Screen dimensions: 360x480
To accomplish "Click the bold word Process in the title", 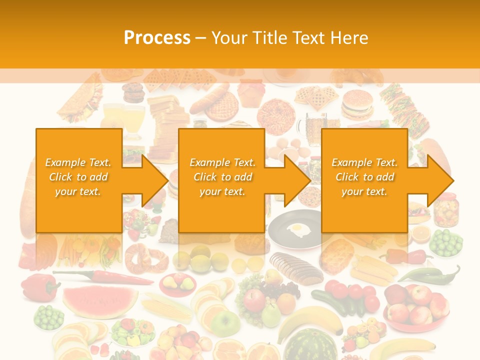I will tap(157, 38).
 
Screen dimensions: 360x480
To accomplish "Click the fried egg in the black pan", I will tap(298, 230).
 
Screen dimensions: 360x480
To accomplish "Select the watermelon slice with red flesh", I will tap(100, 300).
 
